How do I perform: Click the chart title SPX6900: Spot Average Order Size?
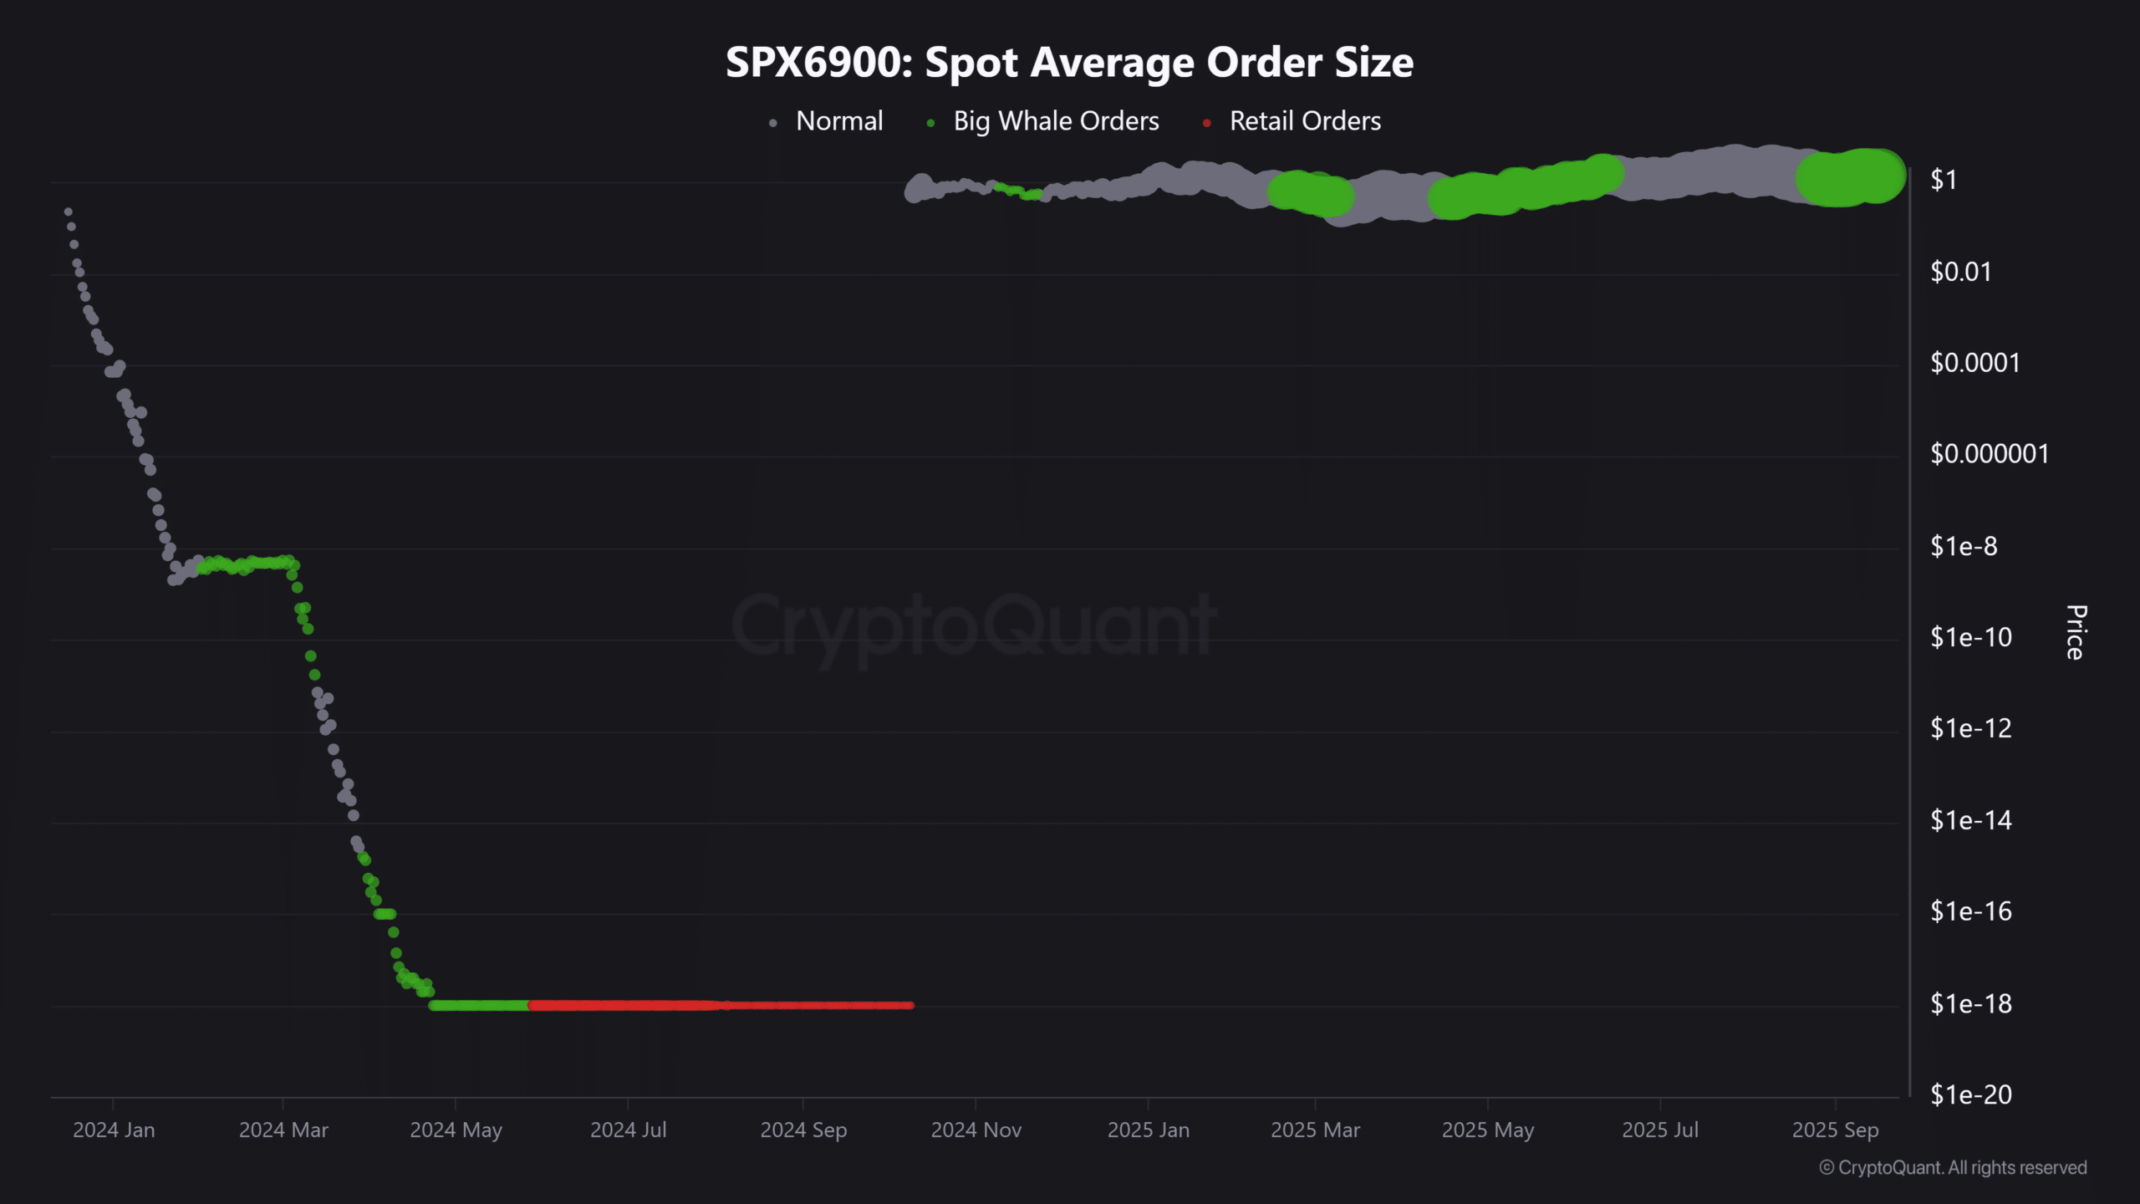[x=1069, y=63]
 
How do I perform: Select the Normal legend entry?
[x=838, y=121]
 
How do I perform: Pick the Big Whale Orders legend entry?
[x=1056, y=121]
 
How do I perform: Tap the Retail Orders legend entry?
[x=1304, y=121]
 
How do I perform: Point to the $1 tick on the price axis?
[x=1944, y=181]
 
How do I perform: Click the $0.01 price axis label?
[x=1960, y=272]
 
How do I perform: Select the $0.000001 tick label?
[x=1989, y=454]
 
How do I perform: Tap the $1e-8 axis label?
[x=1964, y=546]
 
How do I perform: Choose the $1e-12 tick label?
[x=1970, y=728]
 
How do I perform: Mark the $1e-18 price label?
[x=1970, y=1003]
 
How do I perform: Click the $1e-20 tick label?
[x=1970, y=1094]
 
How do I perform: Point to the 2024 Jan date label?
[x=114, y=1130]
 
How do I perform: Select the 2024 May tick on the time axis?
[x=456, y=1130]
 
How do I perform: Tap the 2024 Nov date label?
[x=976, y=1130]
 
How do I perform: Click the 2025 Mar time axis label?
[x=1315, y=1130]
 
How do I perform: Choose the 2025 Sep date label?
[x=1835, y=1130]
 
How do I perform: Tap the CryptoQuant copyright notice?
[x=1953, y=1168]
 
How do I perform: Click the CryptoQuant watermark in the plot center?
[x=974, y=625]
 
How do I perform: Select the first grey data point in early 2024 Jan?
[x=68, y=212]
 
